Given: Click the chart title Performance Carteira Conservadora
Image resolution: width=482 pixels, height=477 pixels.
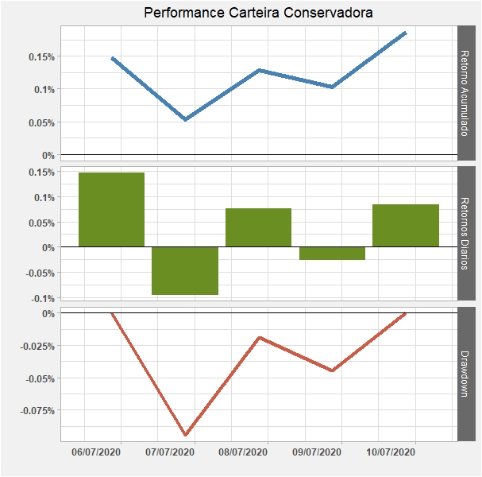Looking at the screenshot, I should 258,13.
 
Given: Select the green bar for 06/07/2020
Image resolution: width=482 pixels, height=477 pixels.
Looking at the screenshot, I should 111,209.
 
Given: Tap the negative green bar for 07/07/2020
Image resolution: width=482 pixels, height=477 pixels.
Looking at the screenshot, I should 185,270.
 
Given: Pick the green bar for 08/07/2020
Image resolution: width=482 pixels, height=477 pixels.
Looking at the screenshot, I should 258,227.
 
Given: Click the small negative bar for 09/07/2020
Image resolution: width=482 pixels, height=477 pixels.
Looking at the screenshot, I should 332,254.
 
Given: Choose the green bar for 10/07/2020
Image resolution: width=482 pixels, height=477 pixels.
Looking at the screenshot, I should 405,226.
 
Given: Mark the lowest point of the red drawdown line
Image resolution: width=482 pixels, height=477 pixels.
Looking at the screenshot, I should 186,435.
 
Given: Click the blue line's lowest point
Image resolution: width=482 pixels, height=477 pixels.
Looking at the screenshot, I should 185,119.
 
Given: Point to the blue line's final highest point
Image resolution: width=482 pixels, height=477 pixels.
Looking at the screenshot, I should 405,33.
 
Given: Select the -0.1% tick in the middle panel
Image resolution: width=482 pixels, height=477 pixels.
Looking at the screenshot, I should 44,298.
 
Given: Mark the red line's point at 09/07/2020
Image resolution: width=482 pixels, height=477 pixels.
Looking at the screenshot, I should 332,370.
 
